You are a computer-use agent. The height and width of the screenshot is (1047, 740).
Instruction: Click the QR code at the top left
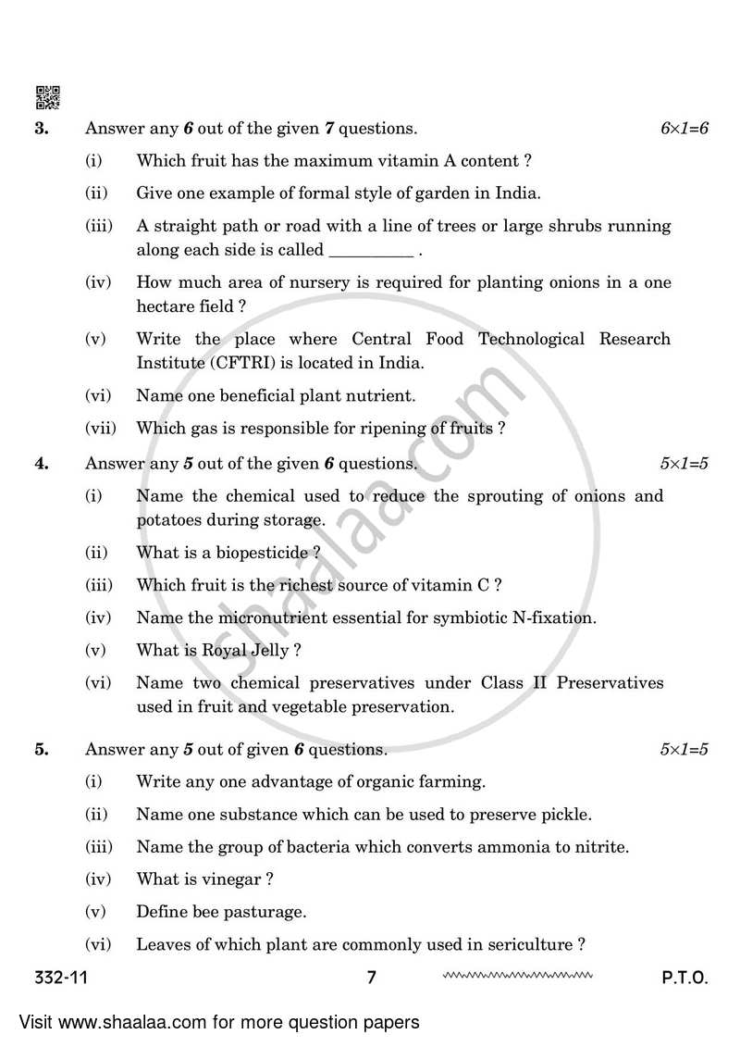[x=47, y=97]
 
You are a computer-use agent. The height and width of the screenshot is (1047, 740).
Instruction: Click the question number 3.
[x=42, y=129]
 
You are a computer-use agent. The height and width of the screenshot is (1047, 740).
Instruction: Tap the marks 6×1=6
[x=684, y=129]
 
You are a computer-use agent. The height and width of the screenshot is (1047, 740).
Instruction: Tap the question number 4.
[x=42, y=464]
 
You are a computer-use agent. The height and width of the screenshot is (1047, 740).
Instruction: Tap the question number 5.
[x=42, y=749]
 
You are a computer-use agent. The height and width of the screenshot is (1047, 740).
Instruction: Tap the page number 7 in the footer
[x=371, y=977]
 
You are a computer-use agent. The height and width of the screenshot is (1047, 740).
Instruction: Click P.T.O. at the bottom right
[x=684, y=977]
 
